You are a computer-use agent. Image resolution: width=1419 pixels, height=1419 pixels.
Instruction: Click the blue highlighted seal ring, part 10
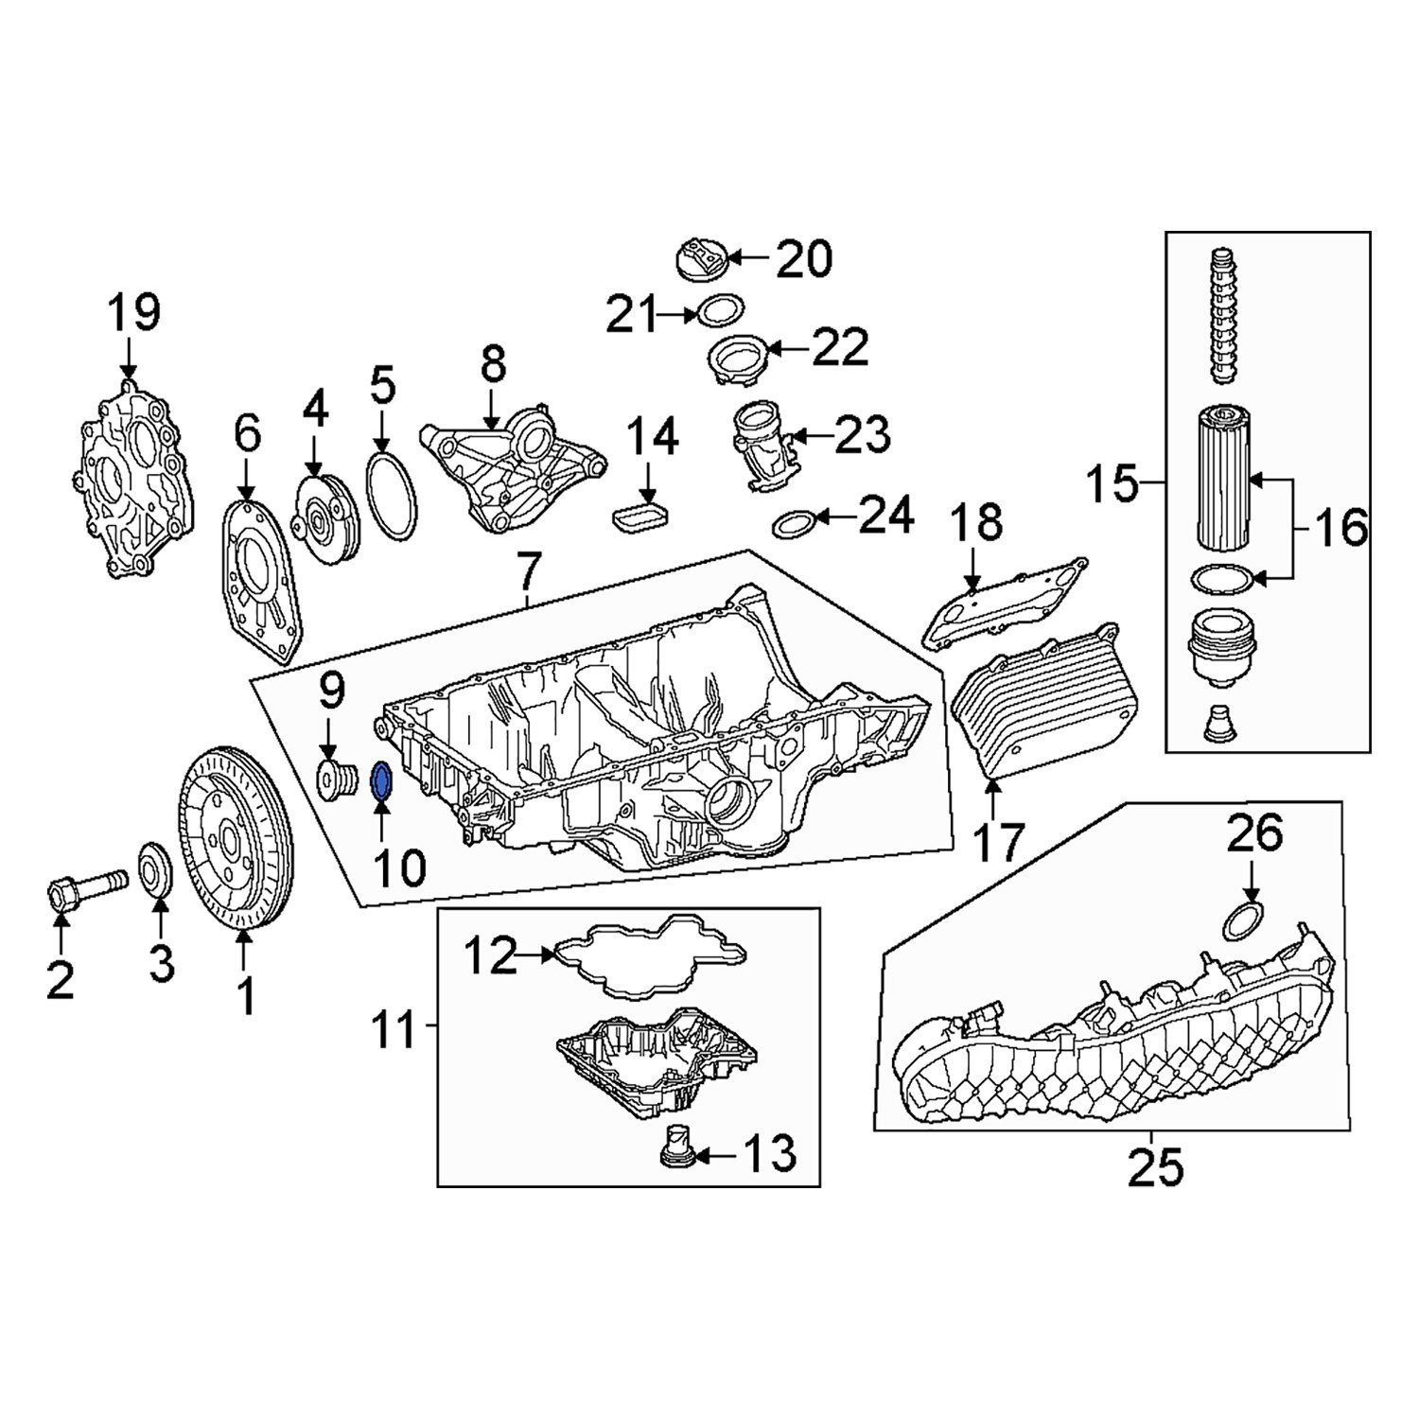click(x=382, y=780)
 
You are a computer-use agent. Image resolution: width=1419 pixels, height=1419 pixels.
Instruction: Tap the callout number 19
click(x=133, y=313)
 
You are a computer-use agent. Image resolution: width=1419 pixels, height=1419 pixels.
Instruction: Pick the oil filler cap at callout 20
click(x=700, y=259)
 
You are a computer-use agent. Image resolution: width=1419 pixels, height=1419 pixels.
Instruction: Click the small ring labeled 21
click(x=720, y=308)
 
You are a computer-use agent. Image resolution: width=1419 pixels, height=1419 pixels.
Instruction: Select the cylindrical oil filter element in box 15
click(x=1226, y=479)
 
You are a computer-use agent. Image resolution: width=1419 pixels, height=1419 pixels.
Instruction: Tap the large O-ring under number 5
click(x=390, y=498)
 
